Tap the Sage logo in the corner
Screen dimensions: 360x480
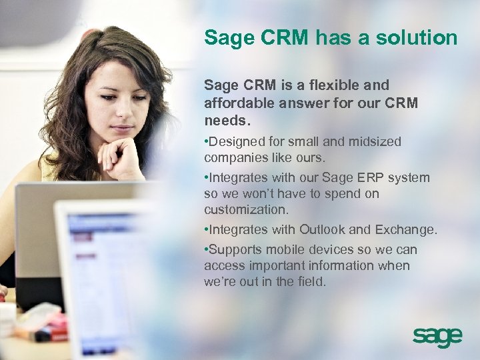[x=437, y=337]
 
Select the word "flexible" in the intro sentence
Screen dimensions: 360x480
[x=327, y=86]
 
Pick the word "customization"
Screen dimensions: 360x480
[x=245, y=210]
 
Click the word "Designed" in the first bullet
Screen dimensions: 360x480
[x=235, y=142]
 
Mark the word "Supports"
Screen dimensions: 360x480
[x=235, y=250]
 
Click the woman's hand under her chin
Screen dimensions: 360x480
[x=120, y=157]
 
